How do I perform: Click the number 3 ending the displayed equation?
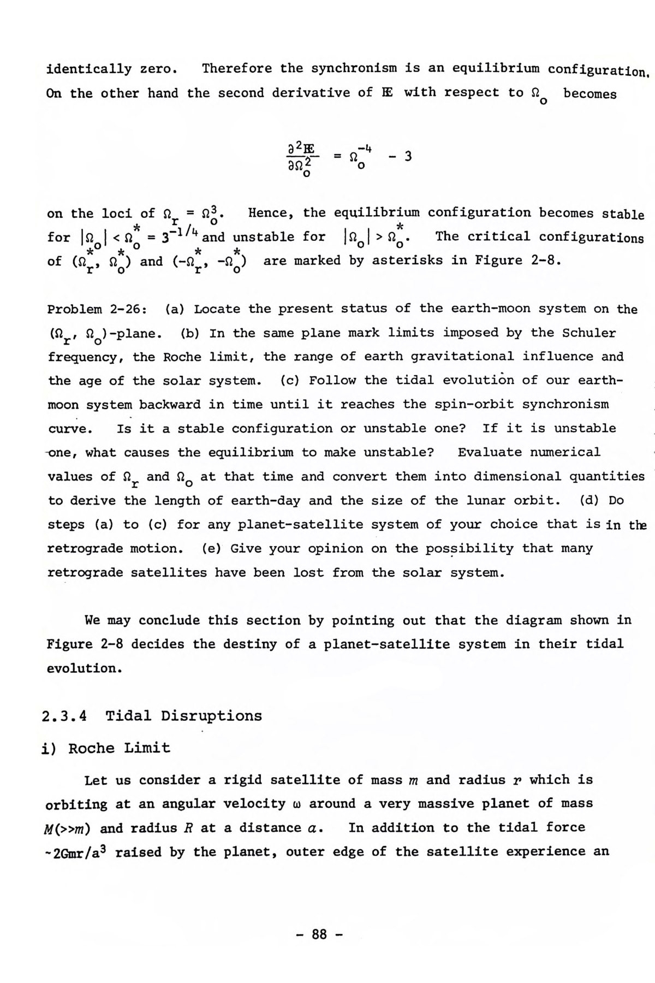(x=408, y=156)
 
